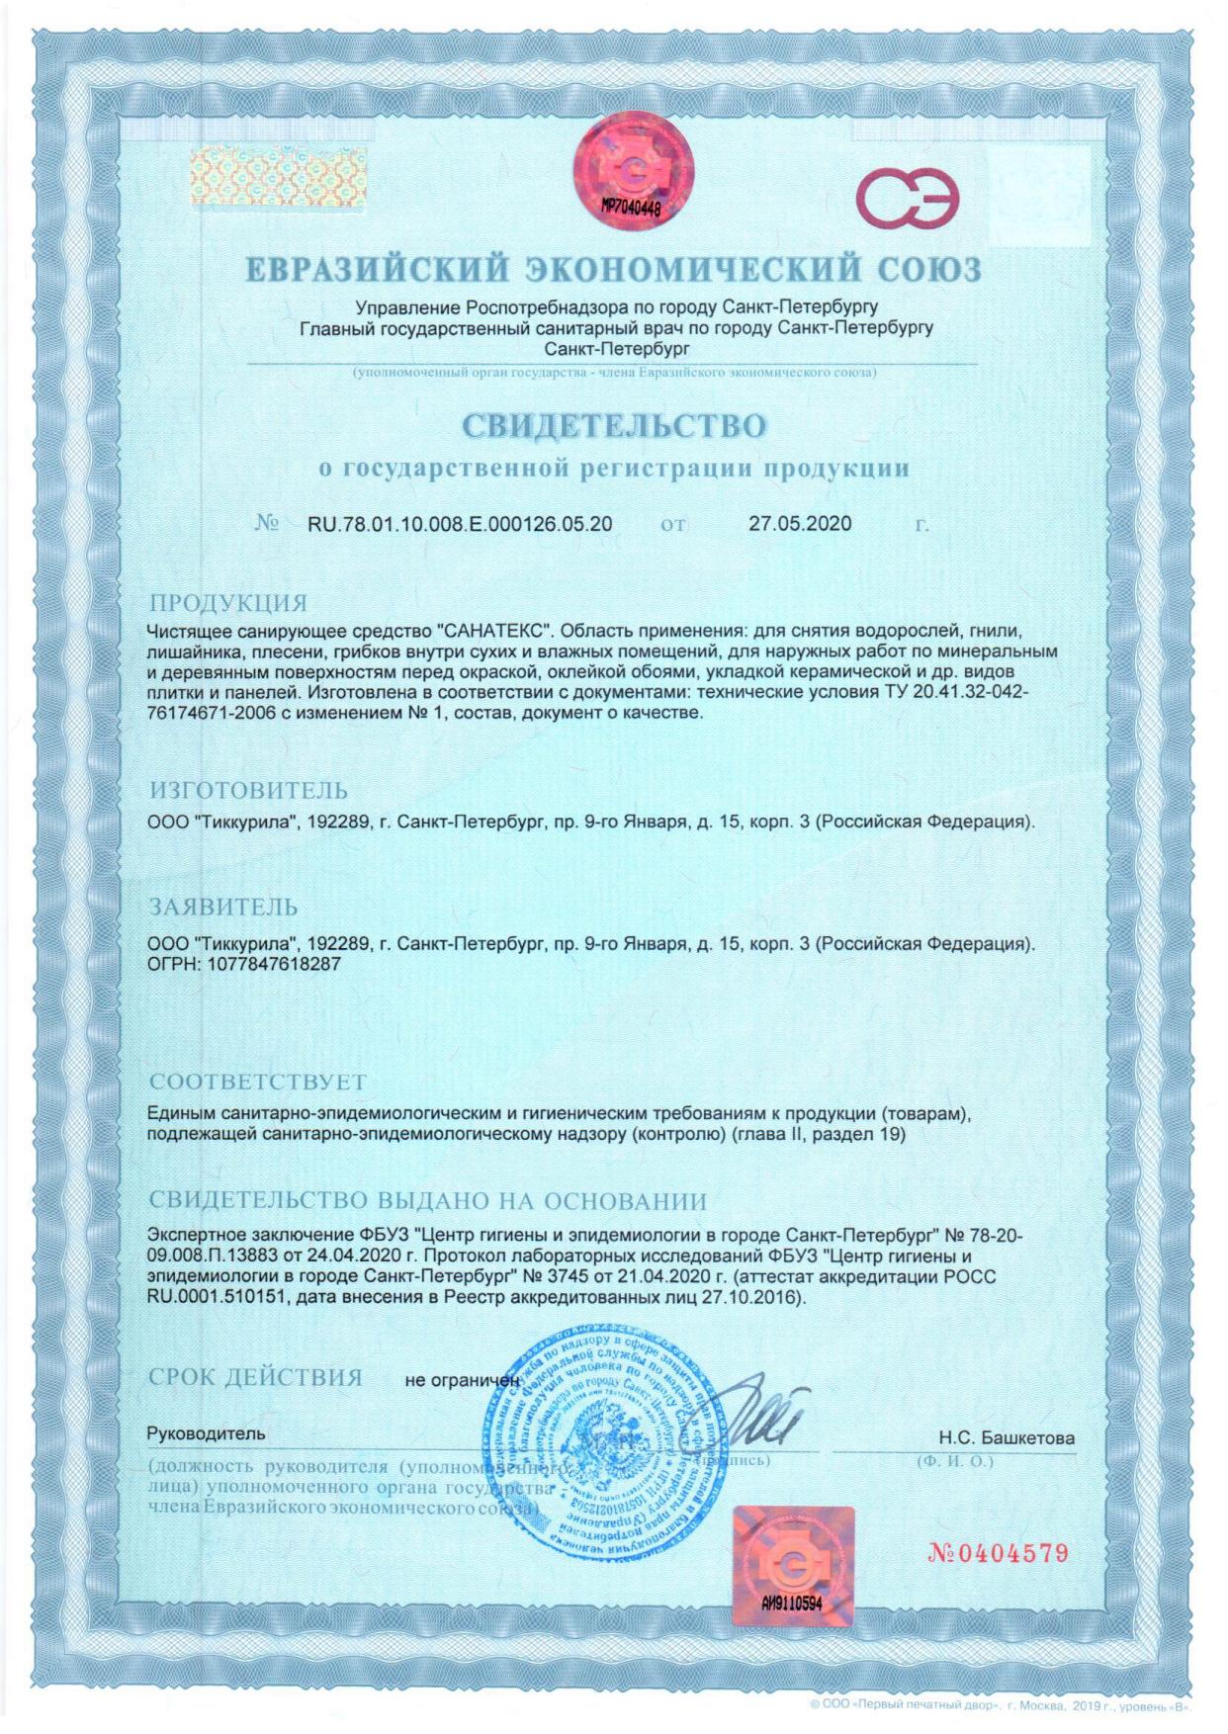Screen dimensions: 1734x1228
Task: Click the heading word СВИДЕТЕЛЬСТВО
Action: pyautogui.click(x=614, y=425)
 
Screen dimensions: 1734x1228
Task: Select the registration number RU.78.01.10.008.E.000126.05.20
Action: pyautogui.click(x=460, y=524)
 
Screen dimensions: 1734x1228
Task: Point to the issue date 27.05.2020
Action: pyautogui.click(x=799, y=524)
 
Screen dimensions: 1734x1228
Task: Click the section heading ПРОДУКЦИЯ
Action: pyautogui.click(x=228, y=603)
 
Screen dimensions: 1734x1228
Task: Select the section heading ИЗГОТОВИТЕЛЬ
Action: pyautogui.click(x=248, y=791)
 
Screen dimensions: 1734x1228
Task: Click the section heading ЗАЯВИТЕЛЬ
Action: pyautogui.click(x=222, y=907)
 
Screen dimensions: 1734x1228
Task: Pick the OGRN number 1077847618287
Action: pyautogui.click(x=275, y=963)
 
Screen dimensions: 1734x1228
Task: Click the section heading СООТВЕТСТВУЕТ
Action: pyautogui.click(x=257, y=1082)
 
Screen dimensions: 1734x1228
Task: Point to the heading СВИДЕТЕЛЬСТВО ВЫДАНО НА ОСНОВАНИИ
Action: pyautogui.click(x=427, y=1201)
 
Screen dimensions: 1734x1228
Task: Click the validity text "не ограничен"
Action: pyautogui.click(x=462, y=1380)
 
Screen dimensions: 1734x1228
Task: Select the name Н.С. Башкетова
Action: pyautogui.click(x=1006, y=1437)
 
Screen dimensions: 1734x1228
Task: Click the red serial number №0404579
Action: pyautogui.click(x=997, y=1553)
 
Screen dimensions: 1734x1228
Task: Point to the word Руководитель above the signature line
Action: pyautogui.click(x=206, y=1433)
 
